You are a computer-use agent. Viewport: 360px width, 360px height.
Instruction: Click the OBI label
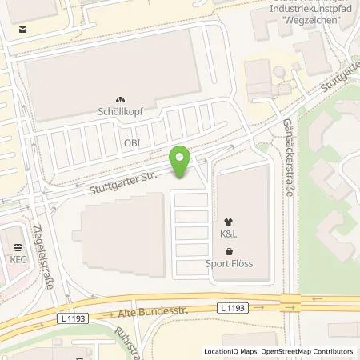(x=131, y=142)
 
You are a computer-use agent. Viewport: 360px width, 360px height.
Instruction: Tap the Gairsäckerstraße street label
(x=286, y=153)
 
